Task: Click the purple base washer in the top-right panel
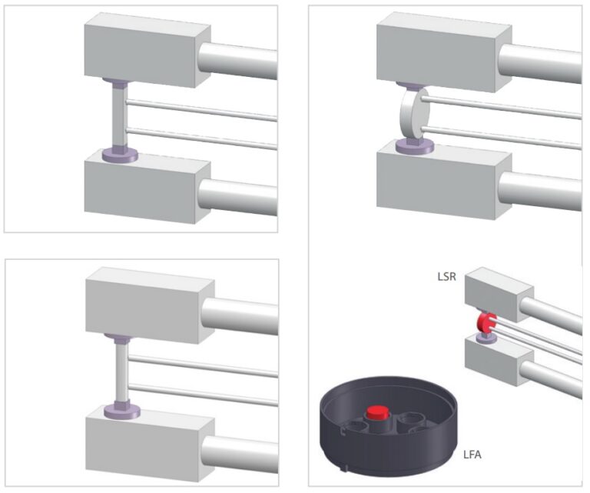pyautogui.click(x=414, y=145)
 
